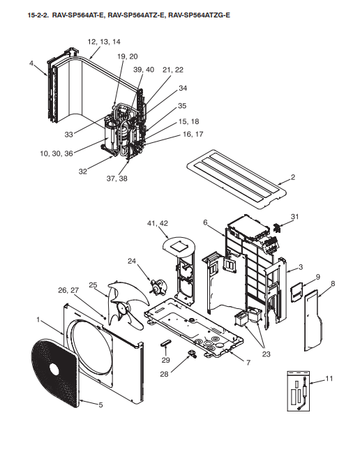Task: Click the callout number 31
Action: click(295, 217)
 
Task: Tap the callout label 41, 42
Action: click(158, 223)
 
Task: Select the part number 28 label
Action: click(164, 374)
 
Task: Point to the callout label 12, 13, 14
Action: click(104, 42)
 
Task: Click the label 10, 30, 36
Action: click(57, 153)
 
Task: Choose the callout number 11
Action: click(329, 379)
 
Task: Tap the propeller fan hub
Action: click(123, 310)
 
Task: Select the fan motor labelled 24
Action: click(157, 285)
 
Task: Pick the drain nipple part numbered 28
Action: click(192, 353)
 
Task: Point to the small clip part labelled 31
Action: click(277, 228)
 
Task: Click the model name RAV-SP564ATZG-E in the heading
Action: click(200, 15)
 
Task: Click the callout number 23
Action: click(266, 354)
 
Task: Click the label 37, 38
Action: click(117, 179)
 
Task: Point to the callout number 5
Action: click(100, 404)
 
